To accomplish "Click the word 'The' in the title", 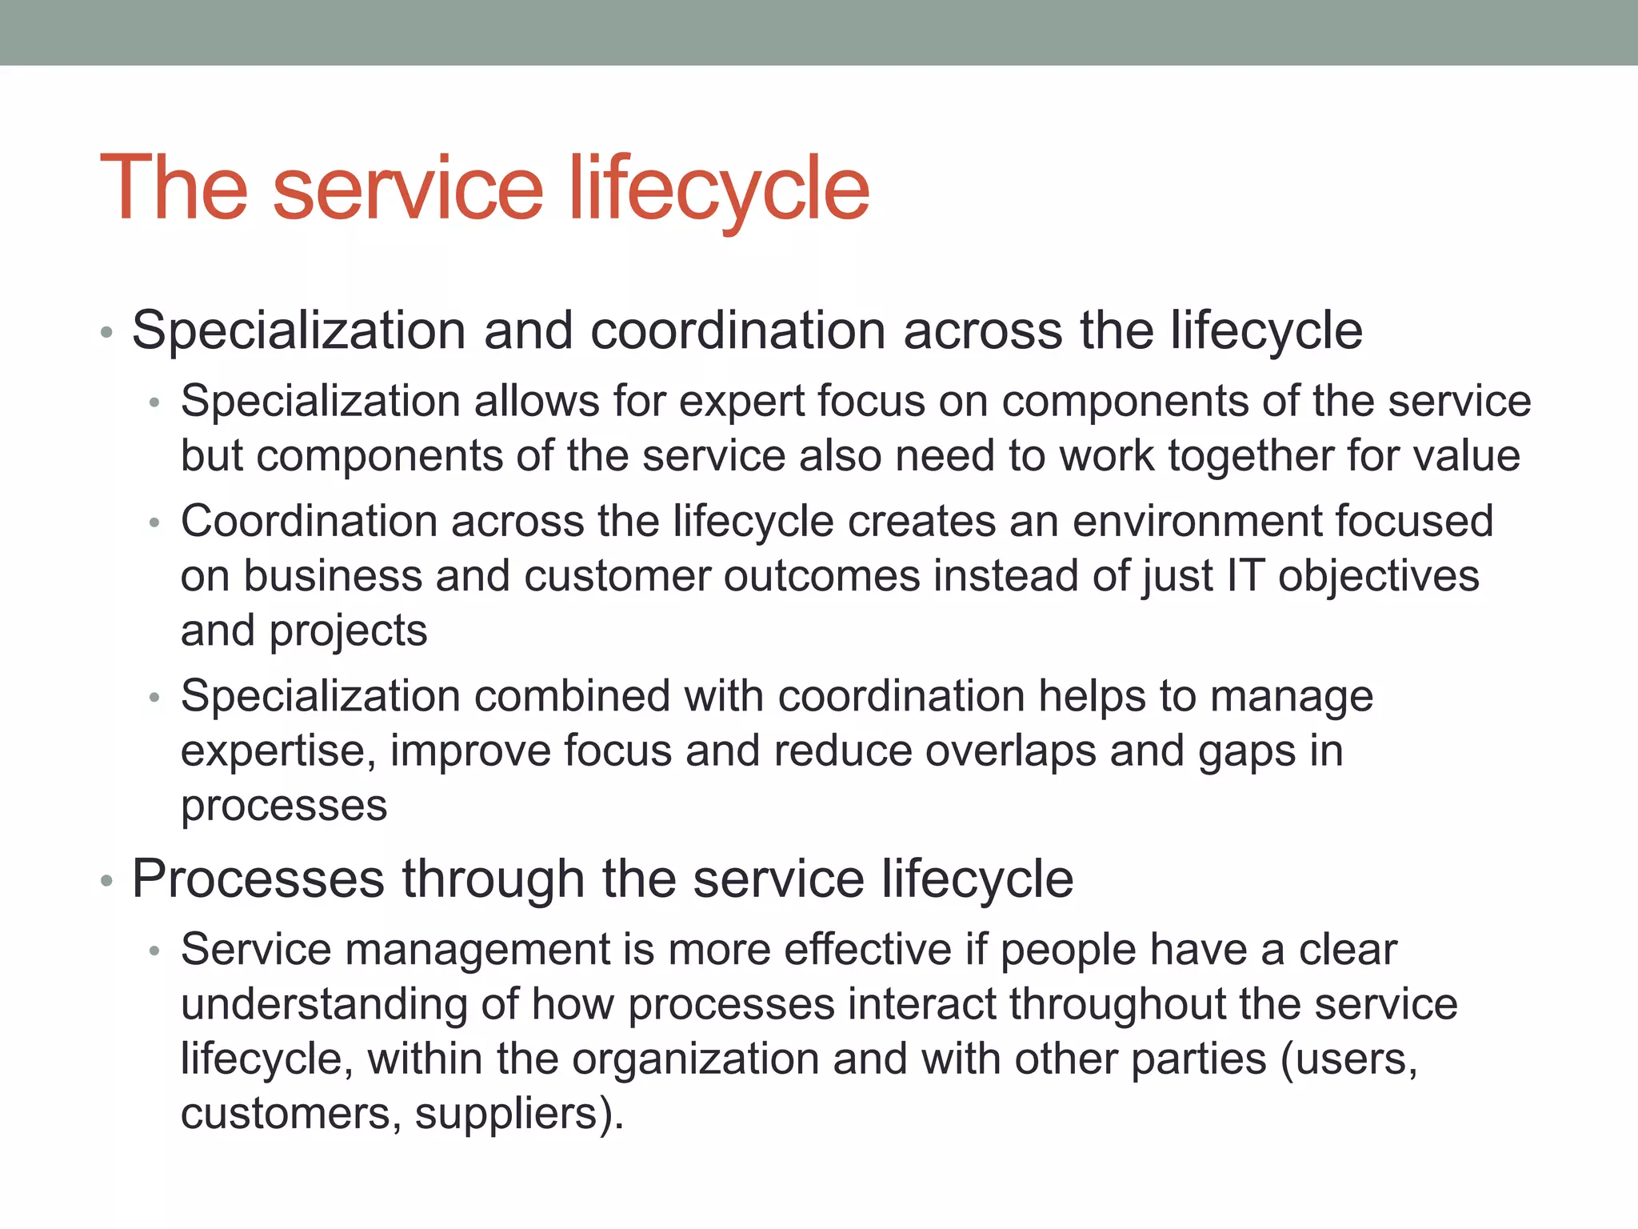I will pyautogui.click(x=174, y=188).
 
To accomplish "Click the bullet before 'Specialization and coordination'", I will pyautogui.click(x=107, y=332).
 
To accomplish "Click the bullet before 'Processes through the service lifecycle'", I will pyautogui.click(x=107, y=881).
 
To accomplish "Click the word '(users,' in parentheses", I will pyautogui.click(x=1349, y=1060).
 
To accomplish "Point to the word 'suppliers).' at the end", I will pyautogui.click(x=519, y=1114).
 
